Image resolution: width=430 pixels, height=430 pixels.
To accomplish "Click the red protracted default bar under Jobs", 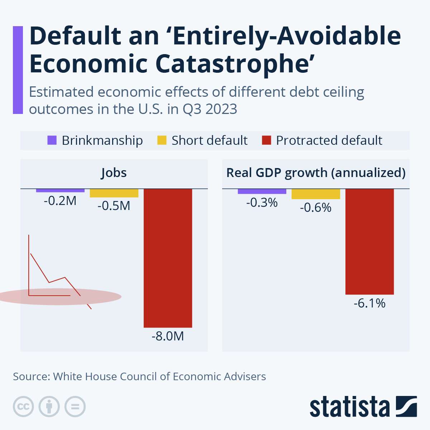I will pyautogui.click(x=168, y=258).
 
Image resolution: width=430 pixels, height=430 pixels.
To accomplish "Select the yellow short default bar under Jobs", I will pyautogui.click(x=114, y=193).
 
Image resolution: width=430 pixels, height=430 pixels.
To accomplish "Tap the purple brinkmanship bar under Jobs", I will pyautogui.click(x=60, y=190).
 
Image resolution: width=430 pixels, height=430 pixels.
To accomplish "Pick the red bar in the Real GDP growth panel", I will pyautogui.click(x=369, y=242).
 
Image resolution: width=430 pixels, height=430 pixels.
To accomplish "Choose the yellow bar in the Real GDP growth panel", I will pyautogui.click(x=316, y=194).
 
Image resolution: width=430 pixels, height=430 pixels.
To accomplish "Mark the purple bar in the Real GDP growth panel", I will pyautogui.click(x=262, y=191).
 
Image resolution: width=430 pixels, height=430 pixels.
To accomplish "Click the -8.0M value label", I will pyautogui.click(x=168, y=336).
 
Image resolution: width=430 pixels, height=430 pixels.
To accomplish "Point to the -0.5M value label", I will pyautogui.click(x=114, y=206).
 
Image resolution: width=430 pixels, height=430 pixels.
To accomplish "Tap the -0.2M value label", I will pyautogui.click(x=60, y=201).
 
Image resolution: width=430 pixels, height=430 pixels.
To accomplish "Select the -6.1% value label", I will pyautogui.click(x=369, y=304).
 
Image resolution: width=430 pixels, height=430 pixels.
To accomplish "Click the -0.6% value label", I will pyautogui.click(x=316, y=207).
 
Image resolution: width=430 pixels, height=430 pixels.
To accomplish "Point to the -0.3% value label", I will pyautogui.click(x=262, y=203).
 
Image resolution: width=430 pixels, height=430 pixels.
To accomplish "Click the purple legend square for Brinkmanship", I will pyautogui.click(x=52, y=140).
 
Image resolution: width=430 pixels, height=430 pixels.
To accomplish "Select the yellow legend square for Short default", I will pyautogui.click(x=162, y=140).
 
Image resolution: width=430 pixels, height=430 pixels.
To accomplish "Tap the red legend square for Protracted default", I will pyautogui.click(x=266, y=140).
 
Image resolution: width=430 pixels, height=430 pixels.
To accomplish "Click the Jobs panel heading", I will pyautogui.click(x=114, y=173).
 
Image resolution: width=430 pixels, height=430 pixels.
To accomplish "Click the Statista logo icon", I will pyautogui.click(x=406, y=406).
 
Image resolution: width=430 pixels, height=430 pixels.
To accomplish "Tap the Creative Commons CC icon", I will pyautogui.click(x=23, y=407).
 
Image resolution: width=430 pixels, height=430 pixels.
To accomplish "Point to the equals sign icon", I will pyautogui.click(x=75, y=407).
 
